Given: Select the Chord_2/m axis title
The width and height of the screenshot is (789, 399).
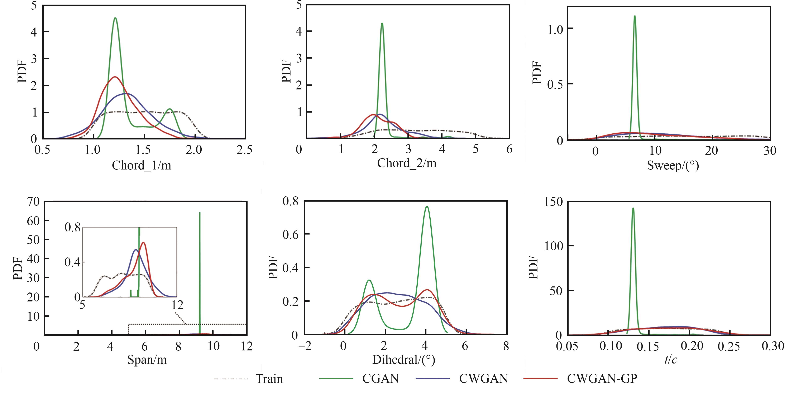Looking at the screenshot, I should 406,163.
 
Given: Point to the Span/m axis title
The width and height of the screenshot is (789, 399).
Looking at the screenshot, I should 147,360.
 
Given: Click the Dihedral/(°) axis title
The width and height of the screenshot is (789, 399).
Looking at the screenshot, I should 403,360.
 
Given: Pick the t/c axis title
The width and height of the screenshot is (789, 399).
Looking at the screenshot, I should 670,360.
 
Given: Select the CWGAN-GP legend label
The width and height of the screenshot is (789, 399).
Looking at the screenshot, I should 602,379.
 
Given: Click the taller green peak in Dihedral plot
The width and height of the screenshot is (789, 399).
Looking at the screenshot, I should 427,207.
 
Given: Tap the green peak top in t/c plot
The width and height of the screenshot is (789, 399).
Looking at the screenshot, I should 633,208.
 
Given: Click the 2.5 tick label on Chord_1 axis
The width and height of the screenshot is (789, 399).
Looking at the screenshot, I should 244,150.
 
